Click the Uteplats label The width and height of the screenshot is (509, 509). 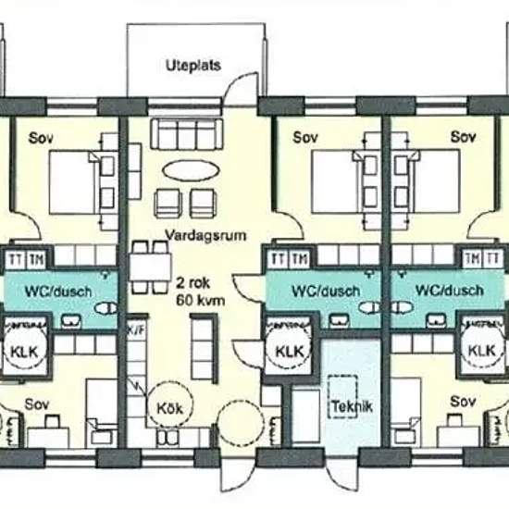click(x=193, y=66)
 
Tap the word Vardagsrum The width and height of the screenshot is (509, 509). click(x=205, y=235)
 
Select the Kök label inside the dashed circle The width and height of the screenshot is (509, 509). click(x=170, y=408)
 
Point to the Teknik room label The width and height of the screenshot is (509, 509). click(x=353, y=406)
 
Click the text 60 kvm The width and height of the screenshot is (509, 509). click(x=200, y=300)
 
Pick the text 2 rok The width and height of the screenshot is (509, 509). click(x=192, y=283)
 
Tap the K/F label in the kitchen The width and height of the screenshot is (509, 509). click(x=136, y=329)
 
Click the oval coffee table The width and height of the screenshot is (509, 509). click(x=191, y=170)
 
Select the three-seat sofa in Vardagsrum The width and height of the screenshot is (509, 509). click(x=187, y=134)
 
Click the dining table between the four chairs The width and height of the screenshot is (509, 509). click(x=150, y=267)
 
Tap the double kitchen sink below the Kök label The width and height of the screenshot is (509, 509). click(x=168, y=437)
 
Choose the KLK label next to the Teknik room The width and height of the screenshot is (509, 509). click(x=290, y=352)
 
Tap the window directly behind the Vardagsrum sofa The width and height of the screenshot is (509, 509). click(x=185, y=106)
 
